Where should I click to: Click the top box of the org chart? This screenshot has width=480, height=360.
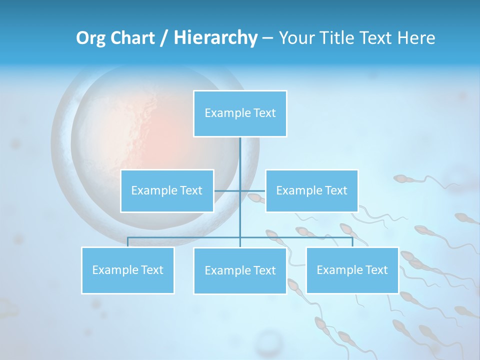point(240,113)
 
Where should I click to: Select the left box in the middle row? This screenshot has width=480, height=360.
point(167,190)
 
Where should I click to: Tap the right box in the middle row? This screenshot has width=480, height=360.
point(311,190)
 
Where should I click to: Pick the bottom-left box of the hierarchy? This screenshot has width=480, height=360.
point(127,270)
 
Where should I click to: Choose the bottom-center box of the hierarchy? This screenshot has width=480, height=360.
point(240,270)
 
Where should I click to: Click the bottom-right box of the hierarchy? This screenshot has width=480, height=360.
point(352,270)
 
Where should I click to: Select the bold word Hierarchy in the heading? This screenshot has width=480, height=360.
point(215,38)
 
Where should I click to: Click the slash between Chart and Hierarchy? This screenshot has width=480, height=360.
point(164,38)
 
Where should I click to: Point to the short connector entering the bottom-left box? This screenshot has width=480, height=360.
point(127,242)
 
